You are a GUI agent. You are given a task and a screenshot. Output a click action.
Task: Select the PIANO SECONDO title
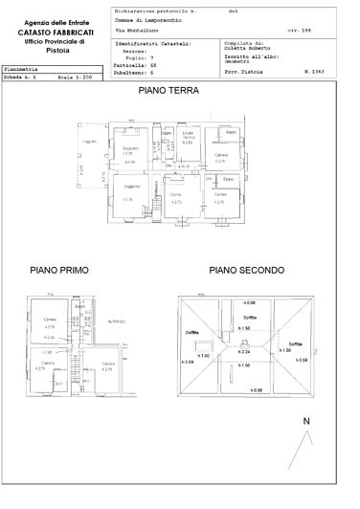point(247,272)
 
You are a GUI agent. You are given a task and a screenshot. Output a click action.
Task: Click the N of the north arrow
point(304,421)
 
